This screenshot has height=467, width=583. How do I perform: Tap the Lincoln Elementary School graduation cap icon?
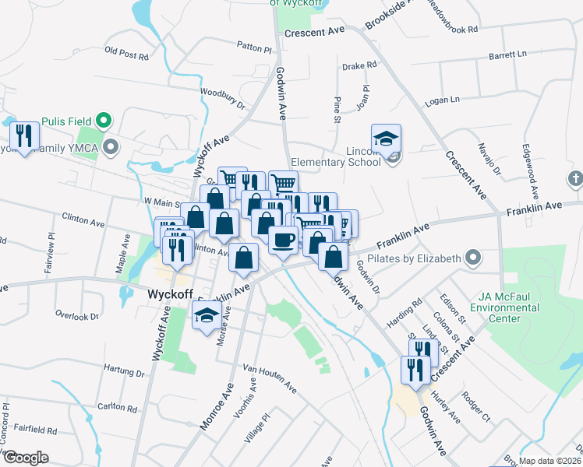click(386, 139)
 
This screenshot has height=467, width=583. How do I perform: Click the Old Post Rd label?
click(125, 54)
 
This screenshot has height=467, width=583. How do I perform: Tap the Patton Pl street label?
click(254, 48)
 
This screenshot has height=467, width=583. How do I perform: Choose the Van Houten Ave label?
click(270, 377)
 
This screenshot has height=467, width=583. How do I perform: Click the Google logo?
click(26, 458)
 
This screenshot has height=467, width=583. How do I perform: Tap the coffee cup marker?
click(283, 239)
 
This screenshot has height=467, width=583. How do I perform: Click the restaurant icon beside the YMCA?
click(25, 136)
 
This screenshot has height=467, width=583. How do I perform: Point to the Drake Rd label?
click(359, 67)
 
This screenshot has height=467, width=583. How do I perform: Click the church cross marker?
click(574, 178)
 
